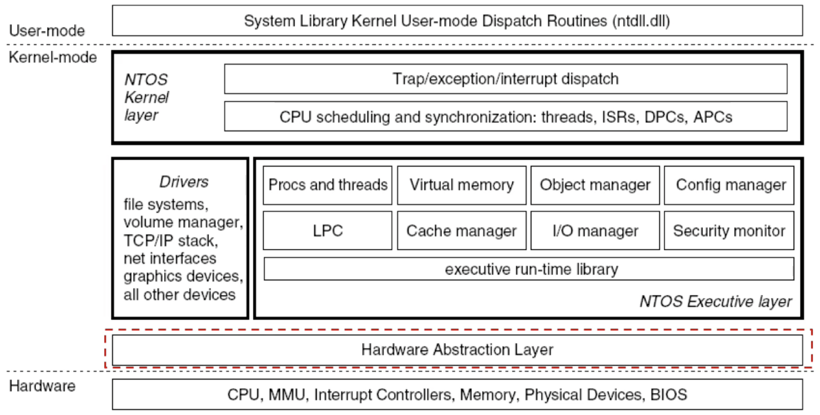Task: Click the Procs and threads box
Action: pyautogui.click(x=328, y=185)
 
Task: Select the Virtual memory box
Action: pyautogui.click(x=462, y=185)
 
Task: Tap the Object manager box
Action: pyautogui.click(x=595, y=185)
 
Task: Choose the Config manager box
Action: pyautogui.click(x=729, y=185)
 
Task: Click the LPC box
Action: pyautogui.click(x=328, y=231)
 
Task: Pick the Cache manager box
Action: pyautogui.click(x=462, y=231)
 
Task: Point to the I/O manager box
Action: pyautogui.click(x=595, y=231)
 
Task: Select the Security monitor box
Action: pyautogui.click(x=729, y=231)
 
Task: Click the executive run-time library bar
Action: pyautogui.click(x=529, y=269)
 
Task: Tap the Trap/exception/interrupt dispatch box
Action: pyautogui.click(x=506, y=79)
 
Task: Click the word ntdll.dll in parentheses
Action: pyautogui.click(x=641, y=21)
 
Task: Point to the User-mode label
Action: pyautogui.click(x=47, y=31)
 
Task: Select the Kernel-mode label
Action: pyautogui.click(x=53, y=57)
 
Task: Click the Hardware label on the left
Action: pyautogui.click(x=42, y=386)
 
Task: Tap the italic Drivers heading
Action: pyautogui.click(x=184, y=182)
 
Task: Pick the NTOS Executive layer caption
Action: pyautogui.click(x=716, y=302)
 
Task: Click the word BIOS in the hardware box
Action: pyautogui.click(x=669, y=395)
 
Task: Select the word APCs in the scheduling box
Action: pyautogui.click(x=713, y=117)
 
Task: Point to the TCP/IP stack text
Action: pyautogui.click(x=171, y=241)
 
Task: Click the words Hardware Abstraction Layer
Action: pyautogui.click(x=457, y=350)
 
